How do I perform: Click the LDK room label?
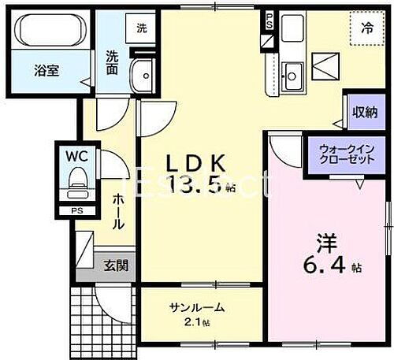tap(196, 163)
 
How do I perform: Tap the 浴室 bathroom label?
tap(43, 69)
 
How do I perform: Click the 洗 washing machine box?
tap(142, 28)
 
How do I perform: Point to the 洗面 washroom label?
tap(113, 62)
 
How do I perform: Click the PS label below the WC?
tap(76, 211)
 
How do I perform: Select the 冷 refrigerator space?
tap(366, 28)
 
